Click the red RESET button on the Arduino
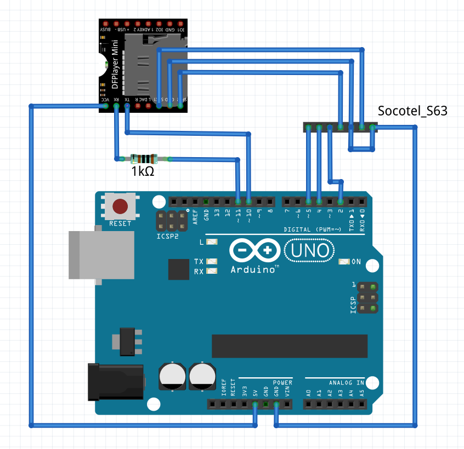(120, 206)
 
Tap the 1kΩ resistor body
(144, 159)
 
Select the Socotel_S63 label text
(412, 112)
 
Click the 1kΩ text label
(142, 171)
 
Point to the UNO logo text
(309, 251)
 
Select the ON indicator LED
(344, 262)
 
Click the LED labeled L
(212, 241)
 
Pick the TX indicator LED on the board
(212, 262)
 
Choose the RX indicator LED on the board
(212, 271)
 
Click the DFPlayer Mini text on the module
(115, 65)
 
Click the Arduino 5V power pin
(255, 405)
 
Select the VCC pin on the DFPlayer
(105, 107)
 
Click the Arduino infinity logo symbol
(256, 251)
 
